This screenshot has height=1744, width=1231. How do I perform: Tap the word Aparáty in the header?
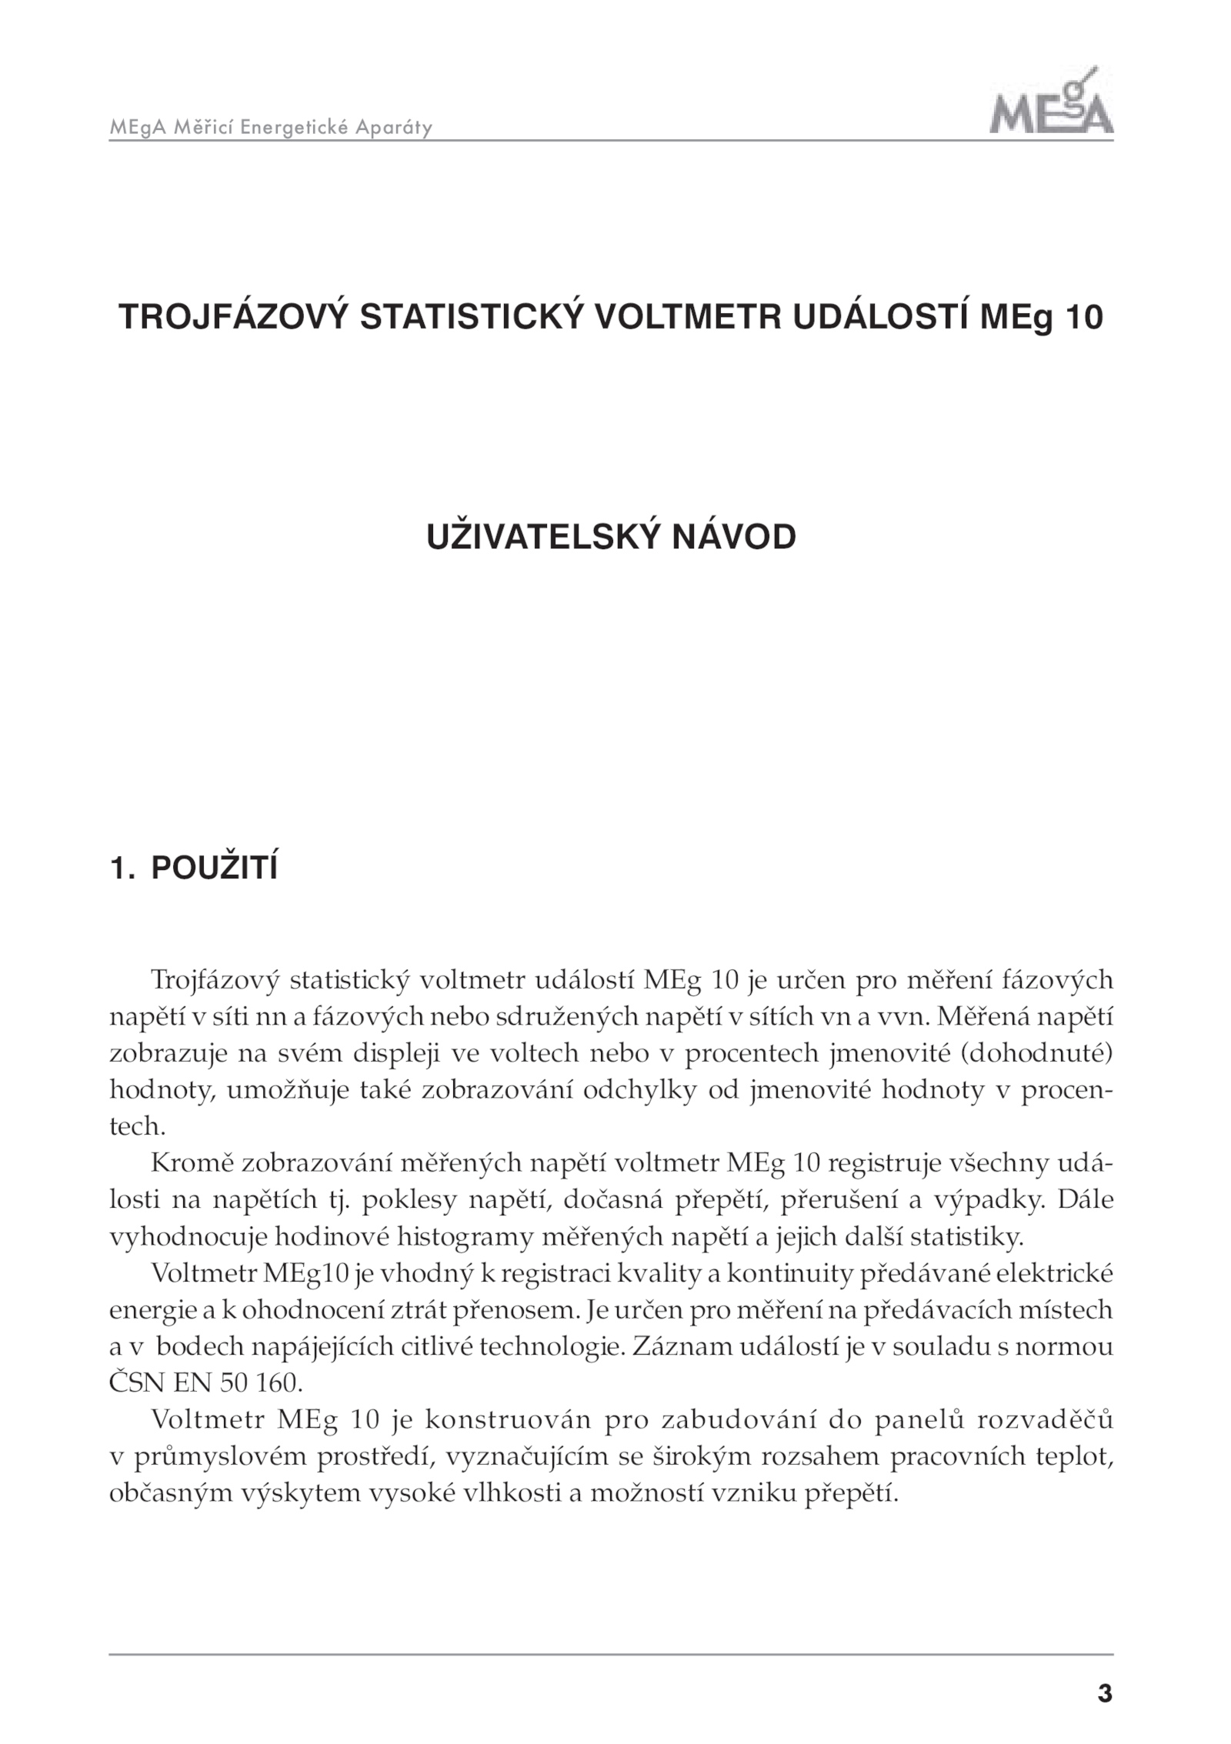point(393,128)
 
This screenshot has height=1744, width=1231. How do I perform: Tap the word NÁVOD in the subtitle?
point(734,537)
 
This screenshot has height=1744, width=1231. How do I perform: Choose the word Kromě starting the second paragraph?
point(192,1162)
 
